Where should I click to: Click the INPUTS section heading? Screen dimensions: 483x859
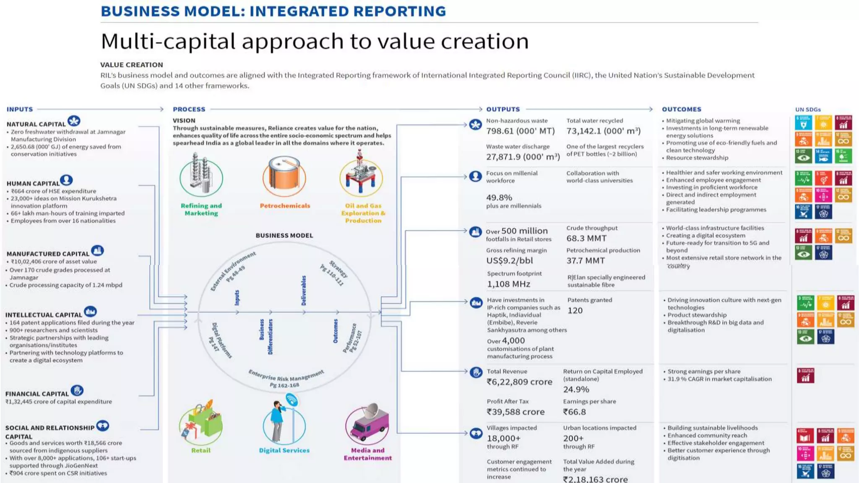[20, 109]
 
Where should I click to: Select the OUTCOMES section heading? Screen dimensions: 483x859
[681, 109]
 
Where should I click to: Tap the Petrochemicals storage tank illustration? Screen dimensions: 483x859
[284, 177]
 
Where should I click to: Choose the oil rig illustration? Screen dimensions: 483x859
[361, 176]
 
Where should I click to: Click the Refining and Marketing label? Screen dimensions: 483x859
[201, 209]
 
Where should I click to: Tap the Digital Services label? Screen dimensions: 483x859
[284, 450]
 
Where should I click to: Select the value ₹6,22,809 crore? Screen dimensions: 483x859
[519, 382]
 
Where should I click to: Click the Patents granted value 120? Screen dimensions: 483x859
[575, 311]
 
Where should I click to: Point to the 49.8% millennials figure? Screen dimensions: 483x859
[499, 197]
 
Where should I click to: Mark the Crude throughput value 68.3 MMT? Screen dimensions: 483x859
[586, 239]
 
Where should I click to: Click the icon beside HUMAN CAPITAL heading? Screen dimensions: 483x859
[66, 181]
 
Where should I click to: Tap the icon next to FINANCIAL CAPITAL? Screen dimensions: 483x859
[77, 391]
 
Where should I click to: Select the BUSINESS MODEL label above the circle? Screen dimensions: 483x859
[284, 236]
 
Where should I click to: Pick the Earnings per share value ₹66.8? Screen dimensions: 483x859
[574, 412]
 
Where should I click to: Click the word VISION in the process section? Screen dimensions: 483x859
[184, 120]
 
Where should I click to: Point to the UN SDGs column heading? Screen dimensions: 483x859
[808, 110]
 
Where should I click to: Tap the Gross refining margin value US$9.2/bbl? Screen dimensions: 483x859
[509, 261]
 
